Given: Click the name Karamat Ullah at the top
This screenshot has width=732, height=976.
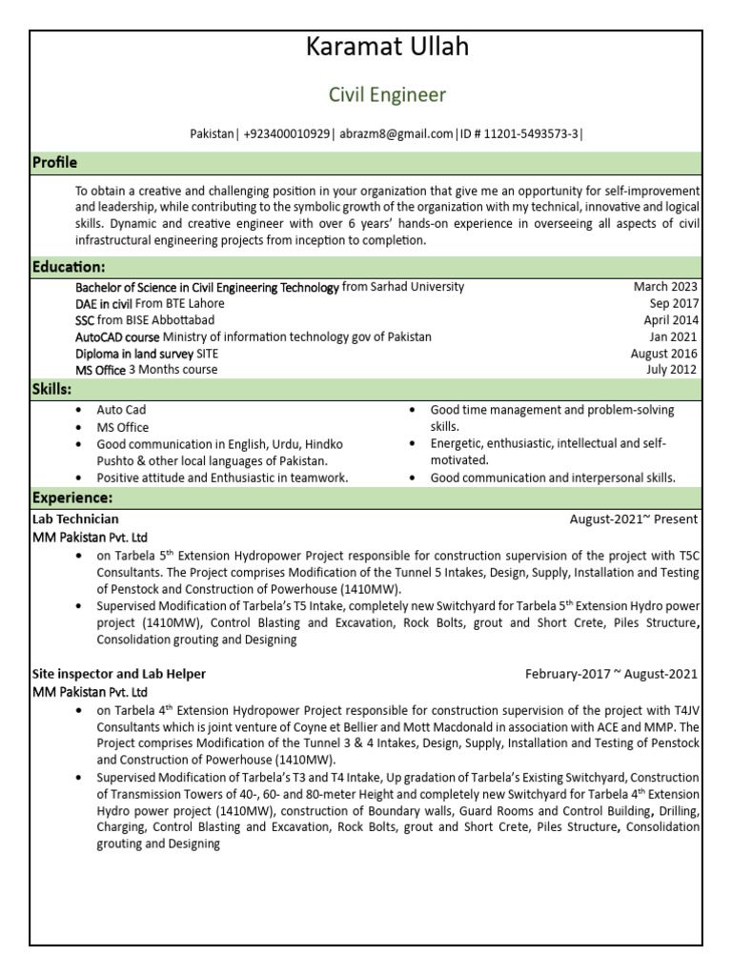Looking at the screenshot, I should pos(387,48).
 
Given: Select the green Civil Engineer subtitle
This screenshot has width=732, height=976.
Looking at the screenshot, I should pos(387,95).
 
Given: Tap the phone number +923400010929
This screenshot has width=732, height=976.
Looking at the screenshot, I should pos(287,134).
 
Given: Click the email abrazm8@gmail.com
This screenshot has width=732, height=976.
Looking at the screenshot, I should pos(396,134).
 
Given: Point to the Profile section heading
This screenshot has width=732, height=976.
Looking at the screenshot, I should pos(55,163).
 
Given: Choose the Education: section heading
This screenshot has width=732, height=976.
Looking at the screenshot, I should pos(69,266).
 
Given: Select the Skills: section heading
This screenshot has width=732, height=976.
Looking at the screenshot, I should pos(52,390).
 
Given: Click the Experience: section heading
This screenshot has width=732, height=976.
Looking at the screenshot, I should pos(72,498).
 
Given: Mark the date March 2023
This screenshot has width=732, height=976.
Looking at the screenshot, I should pos(665,287).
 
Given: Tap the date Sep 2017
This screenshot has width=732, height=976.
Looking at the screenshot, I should pos(673,304).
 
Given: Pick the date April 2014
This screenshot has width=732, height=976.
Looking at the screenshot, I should pos(670,320).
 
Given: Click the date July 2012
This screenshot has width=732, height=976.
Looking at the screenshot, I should pos(673,370).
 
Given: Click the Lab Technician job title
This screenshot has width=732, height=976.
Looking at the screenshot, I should pos(75,519).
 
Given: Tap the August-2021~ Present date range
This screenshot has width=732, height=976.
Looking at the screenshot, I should pos(633,519).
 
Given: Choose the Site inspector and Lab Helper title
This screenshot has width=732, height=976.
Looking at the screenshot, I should pos(119,674).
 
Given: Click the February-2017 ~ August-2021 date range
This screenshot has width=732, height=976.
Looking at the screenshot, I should pos(611,674).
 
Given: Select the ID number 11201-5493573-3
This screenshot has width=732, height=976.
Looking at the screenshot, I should pos(531,134).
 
